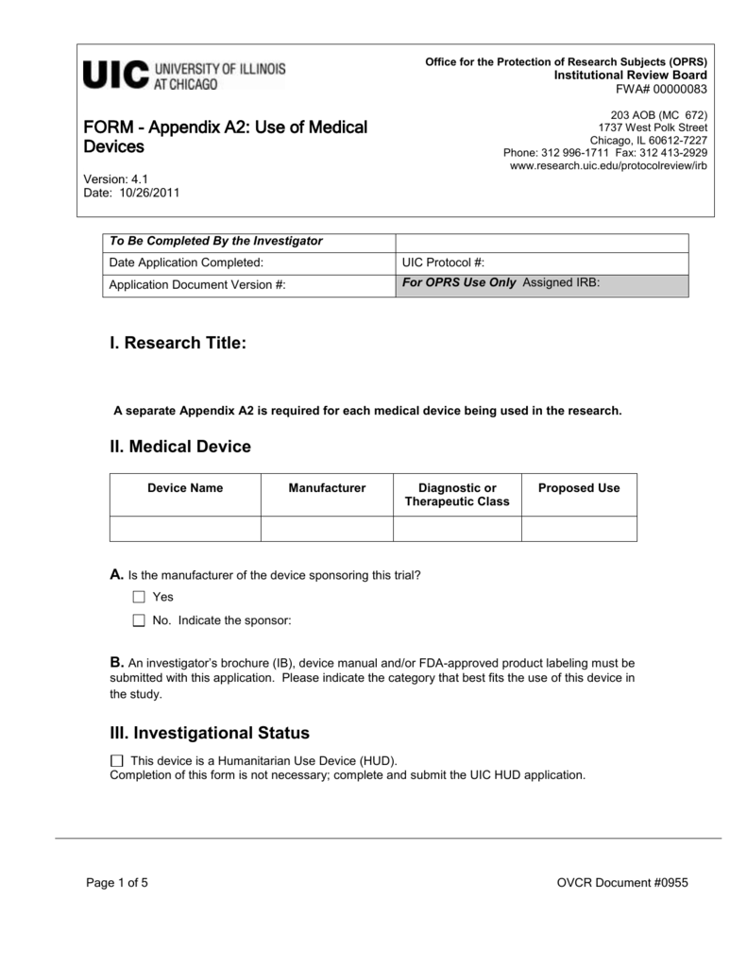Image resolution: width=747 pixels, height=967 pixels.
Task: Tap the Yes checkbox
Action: point(139,597)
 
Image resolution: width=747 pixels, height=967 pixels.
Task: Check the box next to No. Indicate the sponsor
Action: point(139,620)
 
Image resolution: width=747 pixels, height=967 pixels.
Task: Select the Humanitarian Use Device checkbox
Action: point(117,761)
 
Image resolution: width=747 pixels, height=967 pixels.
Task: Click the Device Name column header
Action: point(185,488)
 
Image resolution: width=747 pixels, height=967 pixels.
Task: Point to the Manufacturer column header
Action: point(327,488)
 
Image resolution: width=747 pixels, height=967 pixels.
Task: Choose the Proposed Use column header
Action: point(579,488)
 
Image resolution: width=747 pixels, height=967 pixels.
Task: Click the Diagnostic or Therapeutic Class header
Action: point(457,495)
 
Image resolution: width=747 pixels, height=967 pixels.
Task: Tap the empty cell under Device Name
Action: point(185,529)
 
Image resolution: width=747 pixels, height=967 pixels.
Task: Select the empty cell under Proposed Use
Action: point(579,529)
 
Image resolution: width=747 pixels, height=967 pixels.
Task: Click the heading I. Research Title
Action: point(178,345)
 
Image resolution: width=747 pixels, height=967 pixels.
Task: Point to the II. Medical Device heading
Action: point(180,447)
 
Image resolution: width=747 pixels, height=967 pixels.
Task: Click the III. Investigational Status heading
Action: point(210,733)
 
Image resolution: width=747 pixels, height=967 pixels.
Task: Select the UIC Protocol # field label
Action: point(443,263)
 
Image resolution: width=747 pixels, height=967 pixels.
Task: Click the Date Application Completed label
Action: point(186,263)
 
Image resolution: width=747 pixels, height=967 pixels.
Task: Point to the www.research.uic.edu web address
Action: point(607,165)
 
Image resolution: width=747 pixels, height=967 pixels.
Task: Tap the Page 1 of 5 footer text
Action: point(117,883)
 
